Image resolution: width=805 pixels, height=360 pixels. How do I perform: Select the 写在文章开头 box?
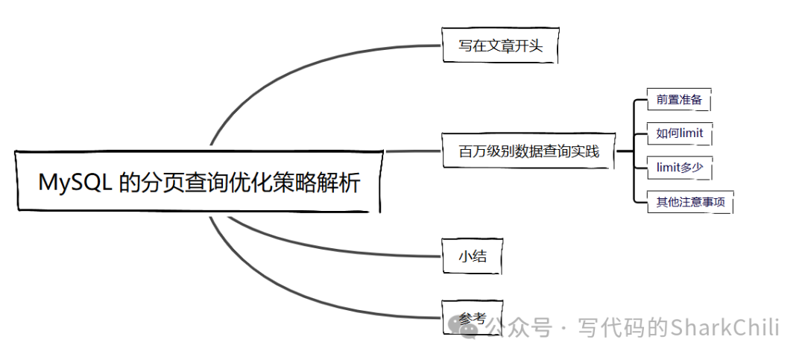pos(499,47)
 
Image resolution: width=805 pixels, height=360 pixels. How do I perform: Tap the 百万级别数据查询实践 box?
pos(528,152)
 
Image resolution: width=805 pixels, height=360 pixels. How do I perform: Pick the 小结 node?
pos(472,256)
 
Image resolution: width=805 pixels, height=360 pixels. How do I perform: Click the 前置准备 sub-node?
pos(678,99)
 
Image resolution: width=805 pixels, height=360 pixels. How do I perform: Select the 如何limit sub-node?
pos(679,133)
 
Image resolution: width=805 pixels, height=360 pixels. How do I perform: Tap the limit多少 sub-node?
pos(679,168)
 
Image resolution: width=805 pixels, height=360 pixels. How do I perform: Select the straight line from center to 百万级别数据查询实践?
pos(414,151)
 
